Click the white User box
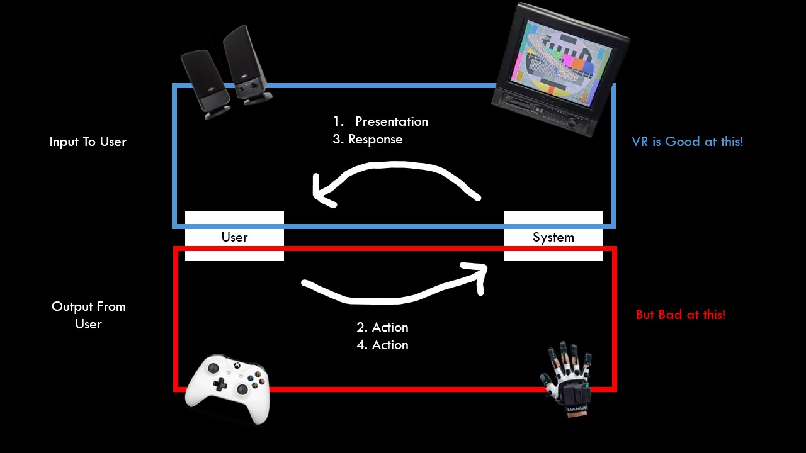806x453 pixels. (234, 237)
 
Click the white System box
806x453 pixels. (553, 237)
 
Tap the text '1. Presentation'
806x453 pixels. (382, 121)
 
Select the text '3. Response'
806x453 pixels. (368, 139)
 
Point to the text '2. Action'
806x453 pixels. (382, 327)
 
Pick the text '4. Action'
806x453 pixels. (382, 345)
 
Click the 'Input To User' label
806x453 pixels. (88, 142)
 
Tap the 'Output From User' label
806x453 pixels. (89, 315)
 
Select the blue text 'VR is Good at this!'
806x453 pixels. (687, 142)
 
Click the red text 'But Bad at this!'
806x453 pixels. (681, 315)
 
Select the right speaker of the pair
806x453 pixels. (246, 66)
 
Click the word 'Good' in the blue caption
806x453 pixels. (682, 142)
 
